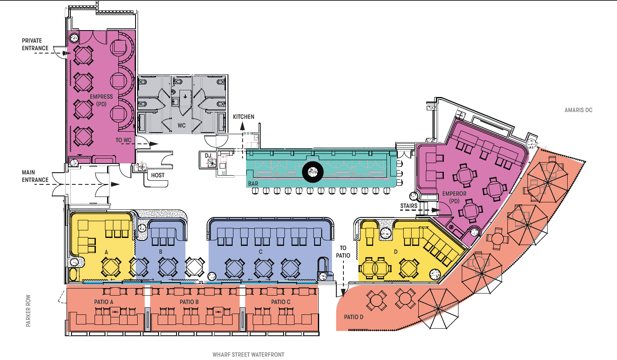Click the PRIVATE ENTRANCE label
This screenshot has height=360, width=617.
coord(35,44)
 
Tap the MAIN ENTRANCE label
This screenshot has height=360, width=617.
coord(35,176)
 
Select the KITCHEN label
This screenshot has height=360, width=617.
coord(243,117)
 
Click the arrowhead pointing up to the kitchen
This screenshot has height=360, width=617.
coord(242,126)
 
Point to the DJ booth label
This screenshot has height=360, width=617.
coord(208,156)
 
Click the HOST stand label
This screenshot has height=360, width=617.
coord(158,175)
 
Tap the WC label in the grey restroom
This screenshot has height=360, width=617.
coord(182,125)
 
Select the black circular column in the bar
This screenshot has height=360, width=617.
coord(312,172)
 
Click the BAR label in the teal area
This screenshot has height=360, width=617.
coord(253,184)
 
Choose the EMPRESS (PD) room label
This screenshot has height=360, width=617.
coord(101,100)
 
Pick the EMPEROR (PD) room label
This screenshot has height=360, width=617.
coord(454,197)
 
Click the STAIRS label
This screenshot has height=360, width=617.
coord(409,206)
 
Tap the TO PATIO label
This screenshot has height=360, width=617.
coord(343,252)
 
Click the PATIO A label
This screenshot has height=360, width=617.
coord(104,302)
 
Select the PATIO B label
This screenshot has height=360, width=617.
coord(189,302)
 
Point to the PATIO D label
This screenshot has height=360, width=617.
coord(353,317)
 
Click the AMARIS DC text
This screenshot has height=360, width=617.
coord(579,110)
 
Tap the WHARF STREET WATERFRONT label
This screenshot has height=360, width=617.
coord(248,355)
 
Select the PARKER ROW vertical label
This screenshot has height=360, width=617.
coord(28,311)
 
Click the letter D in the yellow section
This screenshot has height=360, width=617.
coord(396,252)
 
